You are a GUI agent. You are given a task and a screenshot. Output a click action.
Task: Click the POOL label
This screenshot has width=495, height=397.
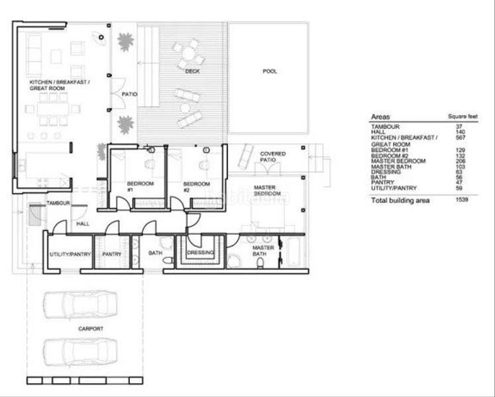[269, 71]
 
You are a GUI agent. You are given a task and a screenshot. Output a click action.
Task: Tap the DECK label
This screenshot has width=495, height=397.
[192, 71]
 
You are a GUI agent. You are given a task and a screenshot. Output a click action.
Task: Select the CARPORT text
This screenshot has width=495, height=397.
[89, 328]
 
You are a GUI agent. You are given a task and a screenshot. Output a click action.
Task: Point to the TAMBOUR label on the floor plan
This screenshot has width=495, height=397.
[58, 203]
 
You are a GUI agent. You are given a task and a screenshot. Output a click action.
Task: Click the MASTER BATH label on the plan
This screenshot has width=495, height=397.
[263, 251]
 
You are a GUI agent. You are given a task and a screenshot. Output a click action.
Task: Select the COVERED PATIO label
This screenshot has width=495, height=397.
[272, 157]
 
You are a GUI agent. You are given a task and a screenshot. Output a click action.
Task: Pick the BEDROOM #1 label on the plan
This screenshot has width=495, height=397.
[140, 186]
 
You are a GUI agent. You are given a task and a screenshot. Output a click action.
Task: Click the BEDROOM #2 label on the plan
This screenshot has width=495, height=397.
[196, 186]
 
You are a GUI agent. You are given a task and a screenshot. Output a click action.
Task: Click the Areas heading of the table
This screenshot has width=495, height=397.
[380, 116]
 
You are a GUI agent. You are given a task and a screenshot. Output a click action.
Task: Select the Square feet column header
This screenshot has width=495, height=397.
[461, 117]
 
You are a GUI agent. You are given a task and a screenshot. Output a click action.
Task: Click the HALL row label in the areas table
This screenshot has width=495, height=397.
[377, 132]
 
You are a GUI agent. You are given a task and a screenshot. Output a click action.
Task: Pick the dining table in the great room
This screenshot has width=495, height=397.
[53, 109]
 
